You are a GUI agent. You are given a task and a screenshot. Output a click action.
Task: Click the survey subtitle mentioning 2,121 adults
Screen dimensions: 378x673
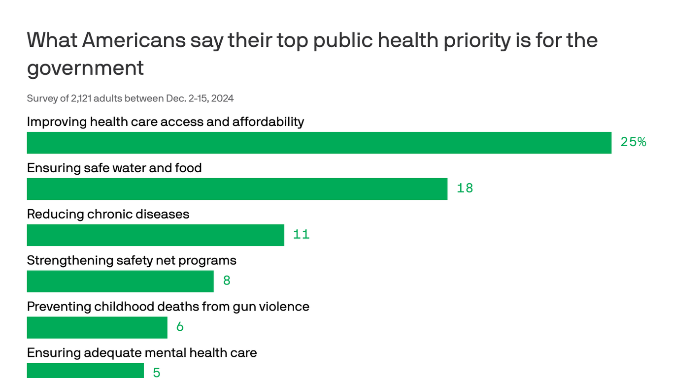click(x=130, y=98)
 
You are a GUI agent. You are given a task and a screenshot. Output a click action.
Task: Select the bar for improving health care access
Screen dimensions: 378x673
click(x=319, y=143)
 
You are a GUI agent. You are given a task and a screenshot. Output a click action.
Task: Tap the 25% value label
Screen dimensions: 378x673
click(x=633, y=142)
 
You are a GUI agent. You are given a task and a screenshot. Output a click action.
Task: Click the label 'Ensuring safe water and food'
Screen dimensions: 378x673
click(x=114, y=168)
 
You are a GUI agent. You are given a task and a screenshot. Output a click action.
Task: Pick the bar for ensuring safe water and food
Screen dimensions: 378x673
click(x=237, y=189)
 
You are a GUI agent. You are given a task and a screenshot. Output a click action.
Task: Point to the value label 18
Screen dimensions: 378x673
click(x=465, y=188)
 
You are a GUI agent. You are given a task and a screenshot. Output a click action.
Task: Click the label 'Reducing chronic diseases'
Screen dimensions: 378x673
click(x=108, y=214)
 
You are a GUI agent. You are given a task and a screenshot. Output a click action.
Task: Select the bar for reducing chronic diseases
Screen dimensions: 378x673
click(x=155, y=235)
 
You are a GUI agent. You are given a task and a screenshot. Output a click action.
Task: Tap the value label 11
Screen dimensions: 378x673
click(x=301, y=234)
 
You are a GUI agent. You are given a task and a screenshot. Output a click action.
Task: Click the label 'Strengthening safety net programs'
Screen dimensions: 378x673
click(x=132, y=260)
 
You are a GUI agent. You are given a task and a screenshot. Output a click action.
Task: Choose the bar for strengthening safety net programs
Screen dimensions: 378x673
click(x=120, y=282)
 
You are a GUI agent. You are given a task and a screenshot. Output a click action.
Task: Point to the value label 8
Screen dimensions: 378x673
click(x=227, y=281)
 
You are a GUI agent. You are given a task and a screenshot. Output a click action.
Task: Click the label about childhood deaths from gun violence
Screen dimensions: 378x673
click(x=168, y=307)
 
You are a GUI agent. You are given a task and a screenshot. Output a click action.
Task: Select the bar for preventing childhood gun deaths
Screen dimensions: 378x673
click(x=97, y=328)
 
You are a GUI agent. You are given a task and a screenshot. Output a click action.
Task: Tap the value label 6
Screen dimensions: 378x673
click(x=180, y=327)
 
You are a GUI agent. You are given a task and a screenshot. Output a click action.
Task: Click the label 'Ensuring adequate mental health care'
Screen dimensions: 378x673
click(x=142, y=353)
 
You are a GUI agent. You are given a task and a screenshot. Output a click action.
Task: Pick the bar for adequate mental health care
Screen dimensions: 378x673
click(x=85, y=371)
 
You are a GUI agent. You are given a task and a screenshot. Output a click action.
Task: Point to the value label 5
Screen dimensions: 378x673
click(x=157, y=373)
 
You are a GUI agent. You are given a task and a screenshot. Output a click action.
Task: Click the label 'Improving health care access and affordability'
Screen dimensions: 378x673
click(x=166, y=122)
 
